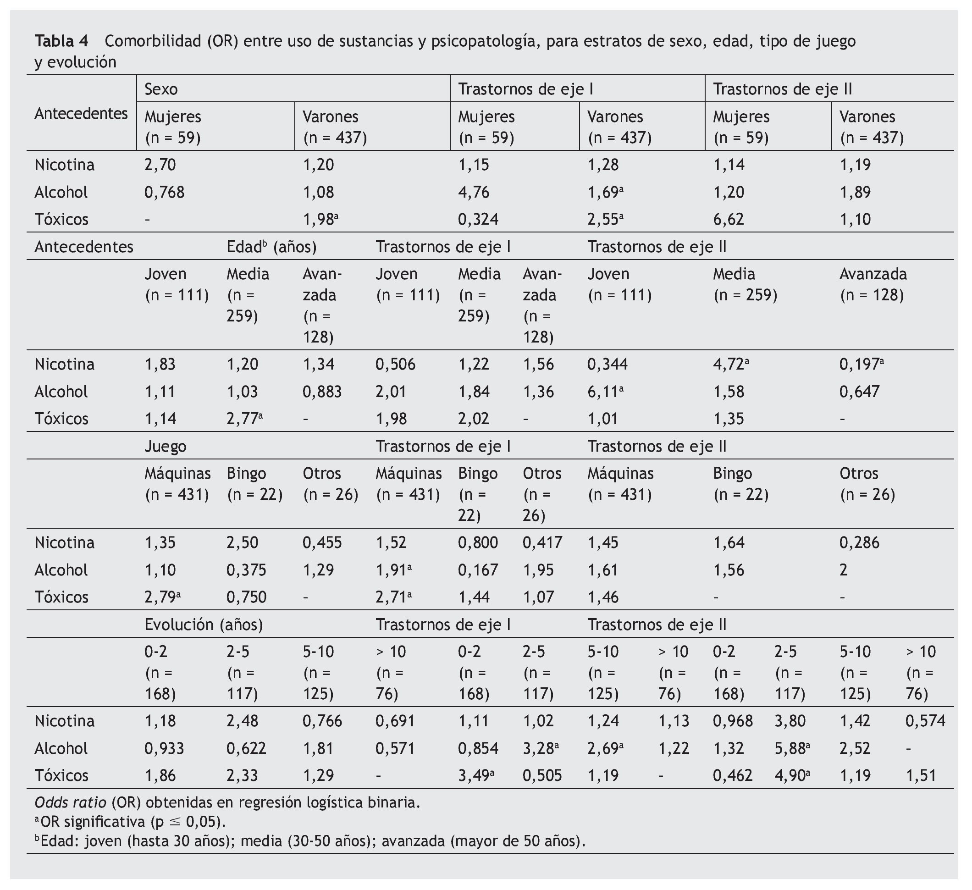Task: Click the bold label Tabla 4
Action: click(x=61, y=41)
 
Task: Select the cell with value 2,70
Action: click(x=160, y=165)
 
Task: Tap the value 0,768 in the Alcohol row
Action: click(x=164, y=193)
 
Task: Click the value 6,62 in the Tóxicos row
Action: click(x=729, y=219)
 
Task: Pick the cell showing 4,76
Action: click(x=474, y=193)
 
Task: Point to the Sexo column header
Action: click(x=161, y=89)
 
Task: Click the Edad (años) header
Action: click(x=271, y=247)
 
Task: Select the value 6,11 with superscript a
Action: click(x=605, y=391)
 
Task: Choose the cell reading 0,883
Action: click(x=322, y=391)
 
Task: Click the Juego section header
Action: click(x=166, y=446)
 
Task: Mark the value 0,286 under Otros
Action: click(x=859, y=542)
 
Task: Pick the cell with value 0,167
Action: click(x=478, y=570)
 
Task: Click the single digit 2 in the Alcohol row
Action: click(x=843, y=570)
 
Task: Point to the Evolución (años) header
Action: click(x=204, y=625)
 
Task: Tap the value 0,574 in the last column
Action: click(x=925, y=721)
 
